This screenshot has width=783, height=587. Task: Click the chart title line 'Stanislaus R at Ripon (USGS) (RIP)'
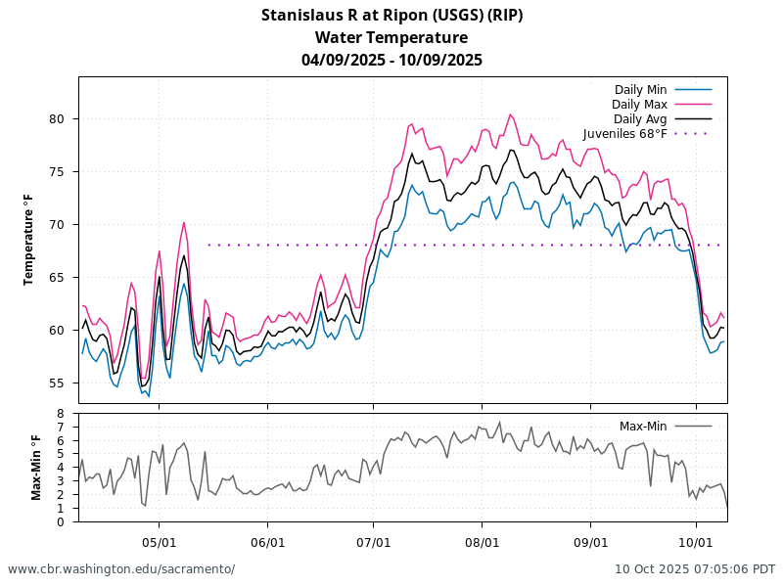coord(391,16)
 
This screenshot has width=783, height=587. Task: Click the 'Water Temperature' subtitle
coord(391,38)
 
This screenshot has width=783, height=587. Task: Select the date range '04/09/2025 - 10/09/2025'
coord(391,60)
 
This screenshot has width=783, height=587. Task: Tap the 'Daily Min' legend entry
coord(640,90)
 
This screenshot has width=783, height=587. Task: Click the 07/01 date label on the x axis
coord(374,541)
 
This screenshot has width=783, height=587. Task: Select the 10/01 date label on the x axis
coord(696,541)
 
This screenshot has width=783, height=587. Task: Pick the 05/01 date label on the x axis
coord(160,541)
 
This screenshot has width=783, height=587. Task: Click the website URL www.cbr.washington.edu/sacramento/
coord(121,568)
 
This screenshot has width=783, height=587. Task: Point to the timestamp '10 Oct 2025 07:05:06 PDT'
coord(695,568)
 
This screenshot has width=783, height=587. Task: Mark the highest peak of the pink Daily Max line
coord(511,114)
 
